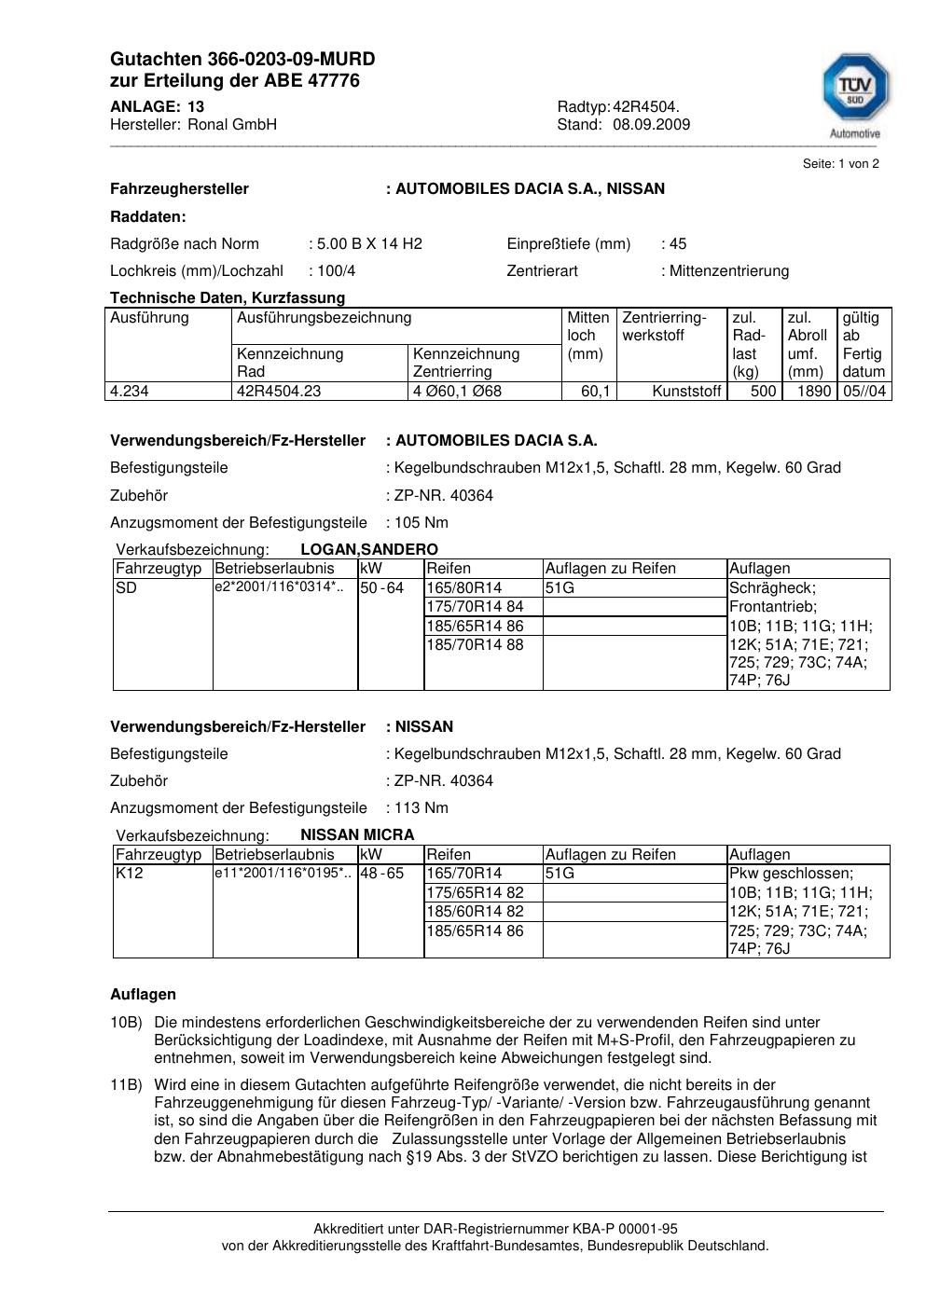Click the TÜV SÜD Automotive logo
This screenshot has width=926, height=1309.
click(x=855, y=93)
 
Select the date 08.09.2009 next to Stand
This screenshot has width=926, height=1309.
click(x=651, y=125)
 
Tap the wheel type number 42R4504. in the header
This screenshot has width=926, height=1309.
click(x=646, y=107)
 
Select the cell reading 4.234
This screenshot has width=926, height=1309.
click(x=130, y=392)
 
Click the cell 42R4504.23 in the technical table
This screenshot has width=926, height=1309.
click(x=279, y=392)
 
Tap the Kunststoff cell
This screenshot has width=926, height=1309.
click(x=686, y=392)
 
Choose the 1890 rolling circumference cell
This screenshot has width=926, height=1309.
click(x=813, y=392)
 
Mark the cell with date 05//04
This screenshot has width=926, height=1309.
click(x=864, y=392)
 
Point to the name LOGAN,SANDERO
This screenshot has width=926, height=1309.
click(x=369, y=550)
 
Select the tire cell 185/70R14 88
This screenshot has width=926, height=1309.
click(x=476, y=644)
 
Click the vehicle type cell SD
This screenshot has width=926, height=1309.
click(x=126, y=588)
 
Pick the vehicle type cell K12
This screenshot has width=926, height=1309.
click(x=129, y=874)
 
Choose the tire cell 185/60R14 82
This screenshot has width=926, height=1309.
click(x=476, y=912)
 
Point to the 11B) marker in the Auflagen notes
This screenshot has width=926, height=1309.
click(x=126, y=1085)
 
